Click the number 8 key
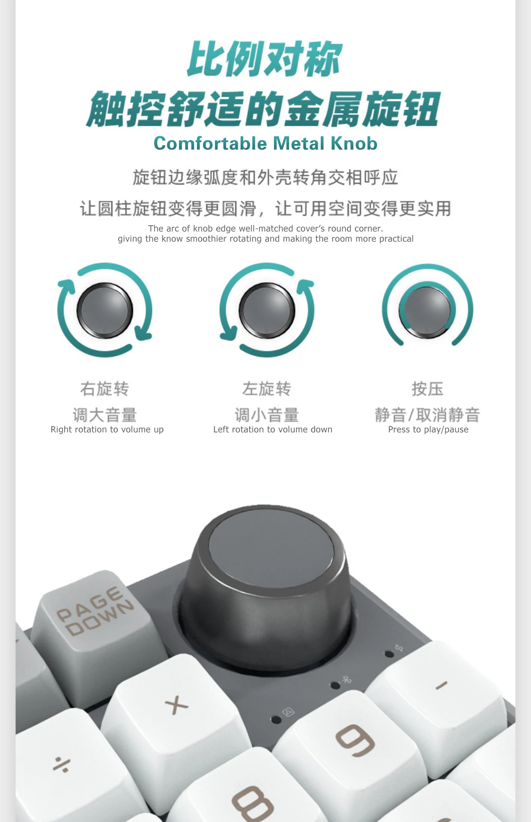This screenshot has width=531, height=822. [x=253, y=801]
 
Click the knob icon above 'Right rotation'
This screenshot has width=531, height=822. [x=105, y=310]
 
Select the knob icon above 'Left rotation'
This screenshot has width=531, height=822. [x=267, y=310]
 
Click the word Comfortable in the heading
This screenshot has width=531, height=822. [x=210, y=143]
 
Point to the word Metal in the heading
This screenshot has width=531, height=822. [x=299, y=143]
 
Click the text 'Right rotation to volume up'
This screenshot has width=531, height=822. [x=107, y=429]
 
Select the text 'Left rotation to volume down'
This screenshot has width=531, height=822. [x=273, y=429]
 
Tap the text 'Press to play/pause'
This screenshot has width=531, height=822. [x=428, y=429]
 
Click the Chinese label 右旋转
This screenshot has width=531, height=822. [x=104, y=389]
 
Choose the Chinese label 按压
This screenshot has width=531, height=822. [x=427, y=389]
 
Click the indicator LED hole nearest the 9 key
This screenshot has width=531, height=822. [x=277, y=720]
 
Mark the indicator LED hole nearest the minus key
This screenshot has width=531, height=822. [x=389, y=654]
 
